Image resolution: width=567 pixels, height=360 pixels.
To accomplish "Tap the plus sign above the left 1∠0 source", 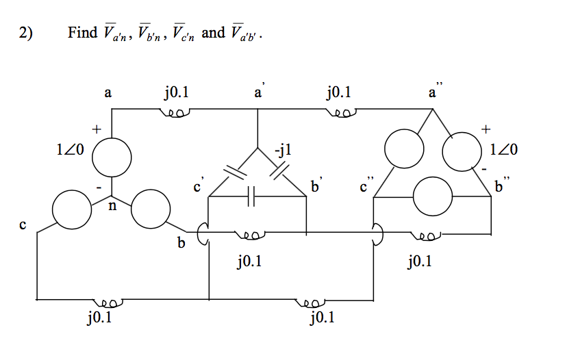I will pyautogui.click(x=97, y=128).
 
